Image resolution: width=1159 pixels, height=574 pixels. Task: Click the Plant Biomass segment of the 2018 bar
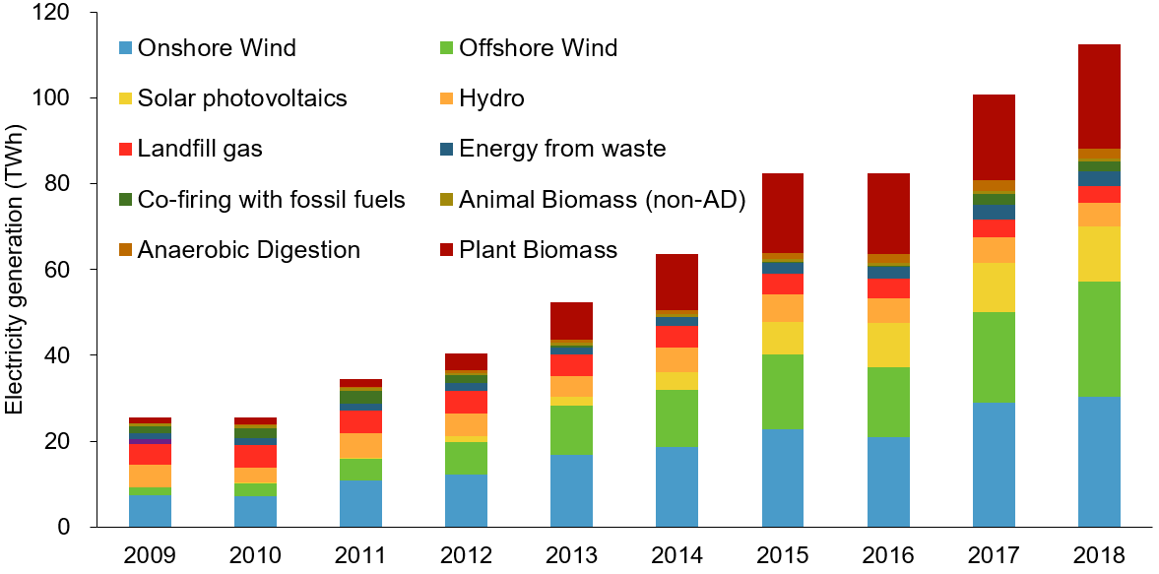pyautogui.click(x=1099, y=96)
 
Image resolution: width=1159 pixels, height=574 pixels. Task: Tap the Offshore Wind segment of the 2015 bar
pyautogui.click(x=783, y=392)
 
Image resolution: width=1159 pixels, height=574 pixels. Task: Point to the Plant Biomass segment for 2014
pyautogui.click(x=677, y=283)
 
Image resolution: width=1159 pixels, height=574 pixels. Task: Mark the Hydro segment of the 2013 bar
pyautogui.click(x=572, y=386)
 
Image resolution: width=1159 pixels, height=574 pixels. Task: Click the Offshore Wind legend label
pyautogui.click(x=541, y=48)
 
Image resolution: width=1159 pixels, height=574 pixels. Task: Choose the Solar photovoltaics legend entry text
pyautogui.click(x=242, y=98)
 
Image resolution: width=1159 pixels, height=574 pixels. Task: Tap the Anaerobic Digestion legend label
pyautogui.click(x=249, y=250)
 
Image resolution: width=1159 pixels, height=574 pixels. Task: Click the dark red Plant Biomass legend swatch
pyautogui.click(x=446, y=250)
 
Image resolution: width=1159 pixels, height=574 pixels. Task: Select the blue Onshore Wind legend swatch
pyautogui.click(x=125, y=48)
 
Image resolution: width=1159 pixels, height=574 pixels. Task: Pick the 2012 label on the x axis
pyautogui.click(x=466, y=555)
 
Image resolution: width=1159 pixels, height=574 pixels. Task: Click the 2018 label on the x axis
pyautogui.click(x=1099, y=555)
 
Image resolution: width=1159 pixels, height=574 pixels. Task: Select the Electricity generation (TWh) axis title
pyautogui.click(x=14, y=270)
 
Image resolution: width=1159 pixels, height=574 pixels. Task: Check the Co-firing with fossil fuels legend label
pyautogui.click(x=272, y=200)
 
